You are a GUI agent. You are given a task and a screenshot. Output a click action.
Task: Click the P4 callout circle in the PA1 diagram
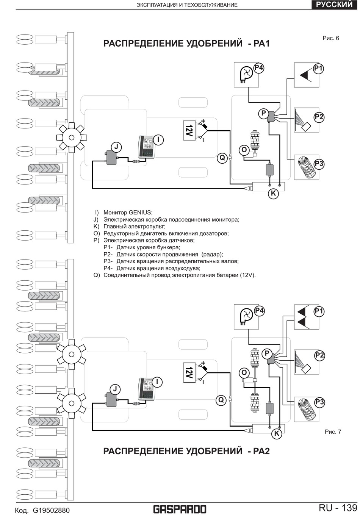[x=259, y=68]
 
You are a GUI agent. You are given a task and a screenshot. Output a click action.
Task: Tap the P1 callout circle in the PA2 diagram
[x=319, y=311]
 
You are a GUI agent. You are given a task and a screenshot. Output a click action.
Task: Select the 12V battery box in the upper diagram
[x=189, y=130]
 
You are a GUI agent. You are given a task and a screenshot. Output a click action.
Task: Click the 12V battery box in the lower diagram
[x=189, y=373]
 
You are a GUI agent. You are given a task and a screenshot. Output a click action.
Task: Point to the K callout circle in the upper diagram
[x=274, y=193]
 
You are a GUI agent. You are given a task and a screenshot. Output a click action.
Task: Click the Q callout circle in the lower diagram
[x=221, y=400]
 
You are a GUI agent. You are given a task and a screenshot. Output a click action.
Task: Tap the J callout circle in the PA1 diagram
[x=117, y=147]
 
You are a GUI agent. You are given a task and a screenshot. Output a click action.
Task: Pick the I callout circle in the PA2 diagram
[x=157, y=382]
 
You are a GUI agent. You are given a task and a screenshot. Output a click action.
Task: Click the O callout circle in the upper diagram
[x=244, y=150]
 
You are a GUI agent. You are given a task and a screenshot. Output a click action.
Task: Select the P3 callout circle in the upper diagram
[x=319, y=164]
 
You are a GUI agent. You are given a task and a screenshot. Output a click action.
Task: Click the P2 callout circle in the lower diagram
[x=319, y=355]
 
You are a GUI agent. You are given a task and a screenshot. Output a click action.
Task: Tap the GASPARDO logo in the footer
[x=180, y=509]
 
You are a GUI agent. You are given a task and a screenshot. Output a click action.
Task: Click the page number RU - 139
[x=338, y=508]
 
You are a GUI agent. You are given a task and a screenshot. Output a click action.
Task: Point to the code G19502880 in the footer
[x=51, y=510]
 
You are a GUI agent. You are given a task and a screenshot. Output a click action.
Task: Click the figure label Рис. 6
[x=331, y=38]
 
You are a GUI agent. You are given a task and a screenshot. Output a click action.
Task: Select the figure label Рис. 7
[x=333, y=431]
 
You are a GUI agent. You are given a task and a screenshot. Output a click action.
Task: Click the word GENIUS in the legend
[x=140, y=212]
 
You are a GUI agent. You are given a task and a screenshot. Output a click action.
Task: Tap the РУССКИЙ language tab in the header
[x=334, y=5]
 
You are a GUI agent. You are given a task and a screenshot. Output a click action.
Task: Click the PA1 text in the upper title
[x=262, y=44]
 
